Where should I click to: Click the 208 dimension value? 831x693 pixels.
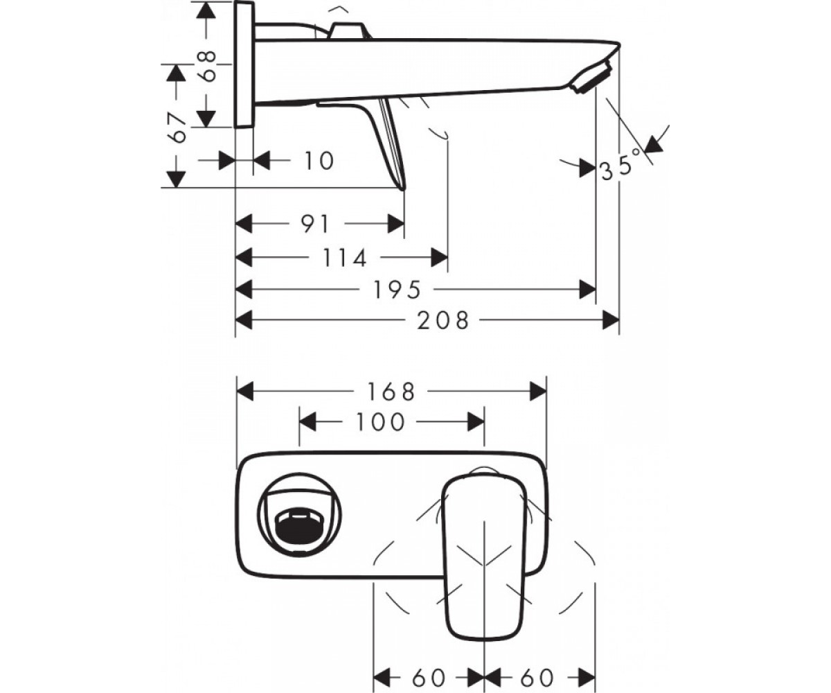443,321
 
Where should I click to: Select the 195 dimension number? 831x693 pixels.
397,290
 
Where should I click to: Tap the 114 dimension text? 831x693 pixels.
345,258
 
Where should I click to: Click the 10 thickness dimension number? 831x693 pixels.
319,161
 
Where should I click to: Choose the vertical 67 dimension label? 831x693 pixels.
177,127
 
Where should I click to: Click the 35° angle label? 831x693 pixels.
622,166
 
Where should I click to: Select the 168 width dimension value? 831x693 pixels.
391,392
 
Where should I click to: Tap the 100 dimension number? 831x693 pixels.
380,422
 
